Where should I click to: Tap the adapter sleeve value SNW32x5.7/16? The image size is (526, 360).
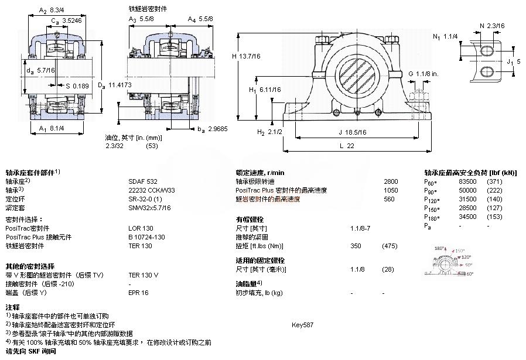coord(149,207)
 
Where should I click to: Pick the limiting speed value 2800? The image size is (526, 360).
coord(391,181)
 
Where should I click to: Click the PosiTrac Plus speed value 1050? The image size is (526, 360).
coord(391,190)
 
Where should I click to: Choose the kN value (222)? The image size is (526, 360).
coord(495,190)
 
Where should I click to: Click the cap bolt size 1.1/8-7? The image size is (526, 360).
coord(360,228)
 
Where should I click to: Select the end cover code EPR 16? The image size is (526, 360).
coord(138,292)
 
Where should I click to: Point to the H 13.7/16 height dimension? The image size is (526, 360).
coord(247,56)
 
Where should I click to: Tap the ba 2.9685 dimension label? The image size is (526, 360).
coord(211,128)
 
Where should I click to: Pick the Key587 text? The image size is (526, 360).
coord(303,324)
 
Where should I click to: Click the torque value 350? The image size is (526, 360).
coord(356,246)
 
